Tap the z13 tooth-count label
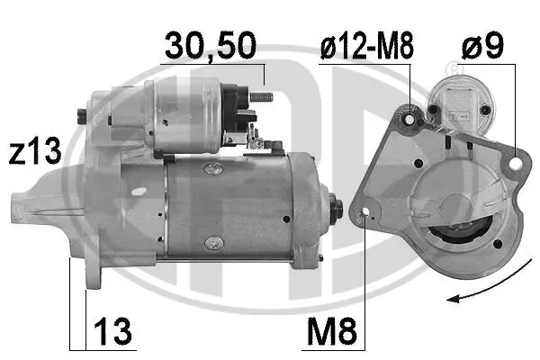32,150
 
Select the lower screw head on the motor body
212,240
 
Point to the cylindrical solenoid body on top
184,113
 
